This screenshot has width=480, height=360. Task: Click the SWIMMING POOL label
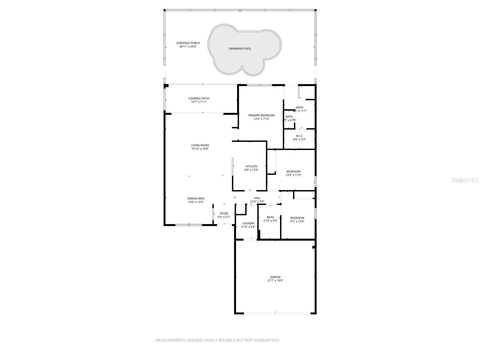click(240, 49)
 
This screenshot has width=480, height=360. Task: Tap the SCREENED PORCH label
click(188, 43)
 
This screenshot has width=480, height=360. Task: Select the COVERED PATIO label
click(199, 98)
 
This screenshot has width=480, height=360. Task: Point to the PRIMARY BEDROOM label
click(261, 115)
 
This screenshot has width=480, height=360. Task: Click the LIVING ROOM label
click(200, 145)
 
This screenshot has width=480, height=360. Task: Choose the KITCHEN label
click(251, 166)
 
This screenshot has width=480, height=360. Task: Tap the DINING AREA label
click(196, 199)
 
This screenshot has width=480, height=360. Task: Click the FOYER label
click(223, 214)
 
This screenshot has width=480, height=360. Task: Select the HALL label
click(257, 198)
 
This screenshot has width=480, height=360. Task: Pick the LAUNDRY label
click(248, 223)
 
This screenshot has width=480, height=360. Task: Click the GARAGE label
click(275, 277)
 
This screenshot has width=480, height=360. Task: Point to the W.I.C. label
click(299, 136)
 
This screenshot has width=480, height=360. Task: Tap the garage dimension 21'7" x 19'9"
click(275, 281)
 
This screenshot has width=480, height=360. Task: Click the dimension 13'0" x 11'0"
click(293, 175)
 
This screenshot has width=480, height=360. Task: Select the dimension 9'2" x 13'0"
click(297, 221)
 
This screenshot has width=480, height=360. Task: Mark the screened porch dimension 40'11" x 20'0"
click(188, 46)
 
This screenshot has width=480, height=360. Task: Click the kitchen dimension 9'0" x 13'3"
click(251, 170)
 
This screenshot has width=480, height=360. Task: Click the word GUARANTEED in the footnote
click(267, 340)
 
